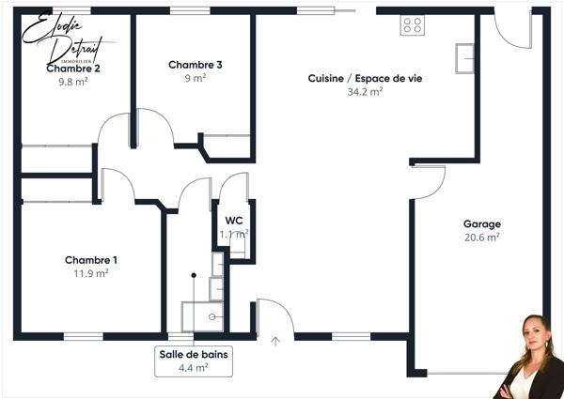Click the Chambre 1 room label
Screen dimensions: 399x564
[91, 260]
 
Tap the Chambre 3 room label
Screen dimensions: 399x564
[196, 65]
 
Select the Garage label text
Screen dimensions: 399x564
[481, 224]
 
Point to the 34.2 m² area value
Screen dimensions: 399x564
[365, 92]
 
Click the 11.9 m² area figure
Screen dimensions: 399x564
[91, 273]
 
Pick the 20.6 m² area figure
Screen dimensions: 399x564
[481, 238]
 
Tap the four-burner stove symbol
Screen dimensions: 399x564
[412, 25]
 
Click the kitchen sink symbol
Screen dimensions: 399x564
[464, 58]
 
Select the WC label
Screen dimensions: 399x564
[234, 221]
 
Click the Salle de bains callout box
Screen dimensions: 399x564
[193, 361]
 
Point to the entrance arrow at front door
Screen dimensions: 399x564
[275, 342]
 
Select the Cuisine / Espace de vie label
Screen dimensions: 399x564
[365, 79]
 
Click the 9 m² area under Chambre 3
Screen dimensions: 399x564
[196, 78]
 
